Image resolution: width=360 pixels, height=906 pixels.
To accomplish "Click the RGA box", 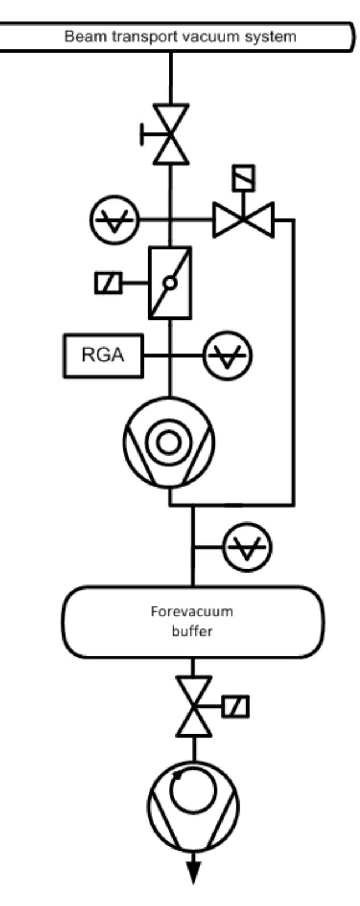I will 103,356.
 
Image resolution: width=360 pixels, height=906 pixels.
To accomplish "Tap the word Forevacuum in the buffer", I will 192,612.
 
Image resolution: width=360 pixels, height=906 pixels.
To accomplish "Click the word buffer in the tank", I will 192,631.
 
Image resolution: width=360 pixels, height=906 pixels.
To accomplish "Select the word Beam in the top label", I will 79,37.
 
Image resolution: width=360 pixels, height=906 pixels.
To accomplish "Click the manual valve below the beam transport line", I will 170,135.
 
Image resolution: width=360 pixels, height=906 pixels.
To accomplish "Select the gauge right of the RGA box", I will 228,357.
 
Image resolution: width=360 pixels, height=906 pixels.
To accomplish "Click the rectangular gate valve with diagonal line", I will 170,282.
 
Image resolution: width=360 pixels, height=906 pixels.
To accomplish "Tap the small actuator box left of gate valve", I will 108,283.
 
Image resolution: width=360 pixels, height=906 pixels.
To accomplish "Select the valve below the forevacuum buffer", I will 194,707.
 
